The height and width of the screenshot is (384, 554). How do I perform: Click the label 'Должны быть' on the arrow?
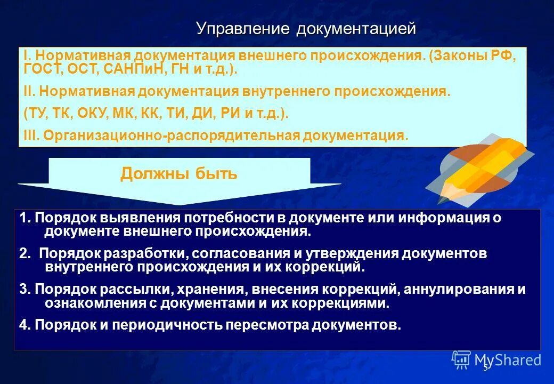point(179,174)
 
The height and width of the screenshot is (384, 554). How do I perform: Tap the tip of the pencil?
point(442,200)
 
